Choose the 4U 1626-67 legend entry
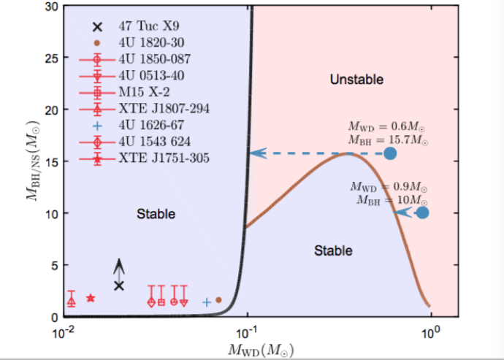click(x=140, y=125)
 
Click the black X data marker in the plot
click(x=119, y=286)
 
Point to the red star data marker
click(x=91, y=298)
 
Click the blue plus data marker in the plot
click(x=207, y=302)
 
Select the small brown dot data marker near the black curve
click(x=218, y=299)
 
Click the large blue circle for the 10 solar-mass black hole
click(x=422, y=213)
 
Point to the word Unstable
click(x=356, y=79)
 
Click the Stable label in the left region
click(x=156, y=214)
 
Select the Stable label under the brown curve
click(x=333, y=251)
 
